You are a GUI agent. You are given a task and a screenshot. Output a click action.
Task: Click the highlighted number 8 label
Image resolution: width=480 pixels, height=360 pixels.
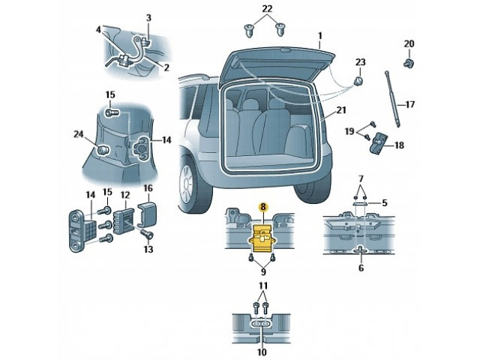click(x=262, y=205)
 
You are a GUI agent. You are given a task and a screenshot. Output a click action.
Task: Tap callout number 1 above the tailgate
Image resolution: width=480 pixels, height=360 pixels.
click(x=319, y=35)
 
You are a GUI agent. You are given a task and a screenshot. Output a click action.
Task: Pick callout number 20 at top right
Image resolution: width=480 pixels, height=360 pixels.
click(x=409, y=43)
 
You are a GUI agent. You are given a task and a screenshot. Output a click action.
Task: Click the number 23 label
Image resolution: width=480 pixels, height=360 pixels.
click(x=360, y=61)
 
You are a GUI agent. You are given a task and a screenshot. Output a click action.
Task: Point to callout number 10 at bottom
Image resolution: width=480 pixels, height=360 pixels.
click(x=262, y=351)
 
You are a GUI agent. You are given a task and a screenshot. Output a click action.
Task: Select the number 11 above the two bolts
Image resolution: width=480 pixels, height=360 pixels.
click(x=262, y=286)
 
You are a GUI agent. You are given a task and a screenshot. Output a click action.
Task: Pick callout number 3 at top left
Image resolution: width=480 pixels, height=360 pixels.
click(x=148, y=16)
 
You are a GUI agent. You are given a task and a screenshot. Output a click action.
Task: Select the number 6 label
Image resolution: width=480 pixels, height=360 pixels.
click(x=360, y=268)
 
